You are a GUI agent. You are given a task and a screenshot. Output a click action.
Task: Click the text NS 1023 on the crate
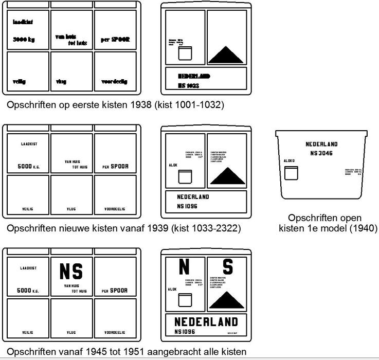[189, 85]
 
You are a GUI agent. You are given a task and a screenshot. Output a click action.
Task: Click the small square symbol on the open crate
[291, 172]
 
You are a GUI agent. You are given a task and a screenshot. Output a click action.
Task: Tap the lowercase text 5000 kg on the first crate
[24, 39]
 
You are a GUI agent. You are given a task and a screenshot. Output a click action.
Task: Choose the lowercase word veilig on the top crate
[21, 81]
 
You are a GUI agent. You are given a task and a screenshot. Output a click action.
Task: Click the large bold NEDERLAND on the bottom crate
[206, 322]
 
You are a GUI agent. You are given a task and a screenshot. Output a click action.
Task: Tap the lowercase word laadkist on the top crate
[23, 22]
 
